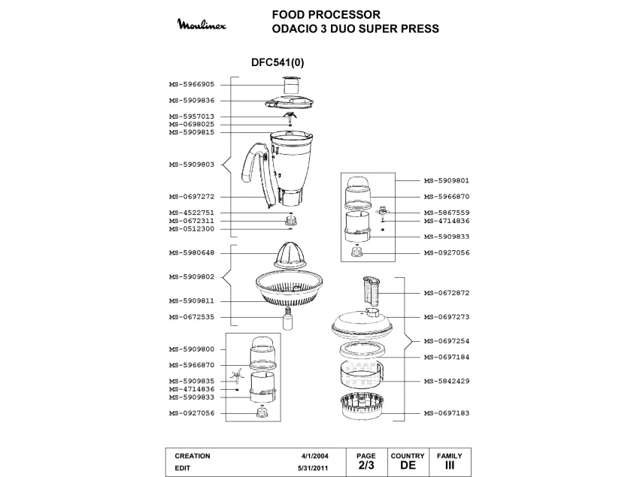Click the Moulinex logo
coord(206,26)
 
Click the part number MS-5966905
coord(192,85)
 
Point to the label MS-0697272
coord(192,197)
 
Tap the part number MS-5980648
coord(192,253)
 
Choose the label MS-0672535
coord(192,317)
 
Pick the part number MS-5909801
coord(447,181)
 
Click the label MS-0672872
coord(447,293)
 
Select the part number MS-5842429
coord(447,381)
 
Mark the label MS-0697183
coord(447,413)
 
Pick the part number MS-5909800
coord(192,349)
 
